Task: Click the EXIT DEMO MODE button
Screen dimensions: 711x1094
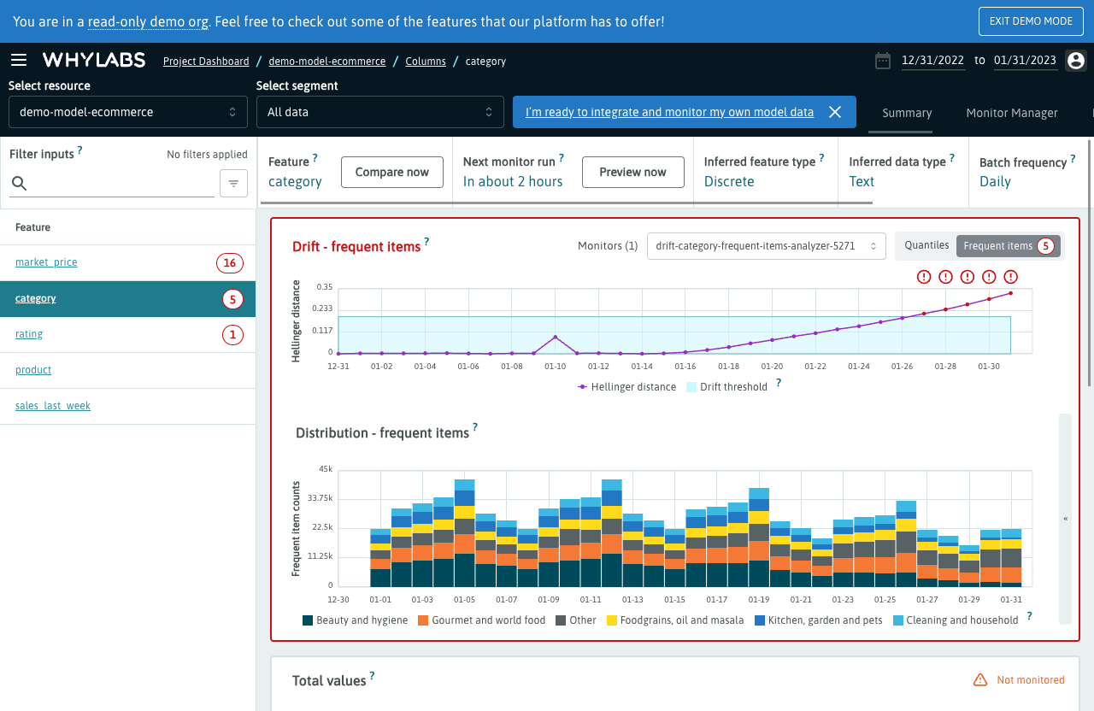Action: [1031, 21]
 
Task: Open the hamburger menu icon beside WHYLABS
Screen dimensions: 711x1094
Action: [19, 60]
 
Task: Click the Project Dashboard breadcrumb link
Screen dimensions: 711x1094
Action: [206, 62]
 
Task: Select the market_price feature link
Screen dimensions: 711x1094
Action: [46, 262]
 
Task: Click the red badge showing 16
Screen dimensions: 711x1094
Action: [229, 263]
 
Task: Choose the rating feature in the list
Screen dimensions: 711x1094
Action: [29, 334]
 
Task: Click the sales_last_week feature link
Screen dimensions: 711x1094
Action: [53, 406]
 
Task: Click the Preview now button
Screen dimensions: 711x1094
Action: [632, 172]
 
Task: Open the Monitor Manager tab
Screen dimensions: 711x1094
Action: [1011, 113]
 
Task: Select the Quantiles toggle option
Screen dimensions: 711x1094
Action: [926, 245]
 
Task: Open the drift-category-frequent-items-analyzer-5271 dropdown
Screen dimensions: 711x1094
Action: [766, 246]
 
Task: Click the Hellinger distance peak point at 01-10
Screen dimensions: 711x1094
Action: [556, 337]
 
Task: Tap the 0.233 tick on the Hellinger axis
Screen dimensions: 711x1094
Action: [322, 308]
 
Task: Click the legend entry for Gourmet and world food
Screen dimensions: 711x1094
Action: [481, 620]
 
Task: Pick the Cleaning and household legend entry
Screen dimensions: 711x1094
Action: [956, 620]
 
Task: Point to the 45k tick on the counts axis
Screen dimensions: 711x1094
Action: [325, 469]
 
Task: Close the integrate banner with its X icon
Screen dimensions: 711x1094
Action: [835, 112]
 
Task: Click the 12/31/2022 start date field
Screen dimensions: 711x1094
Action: [932, 60]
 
